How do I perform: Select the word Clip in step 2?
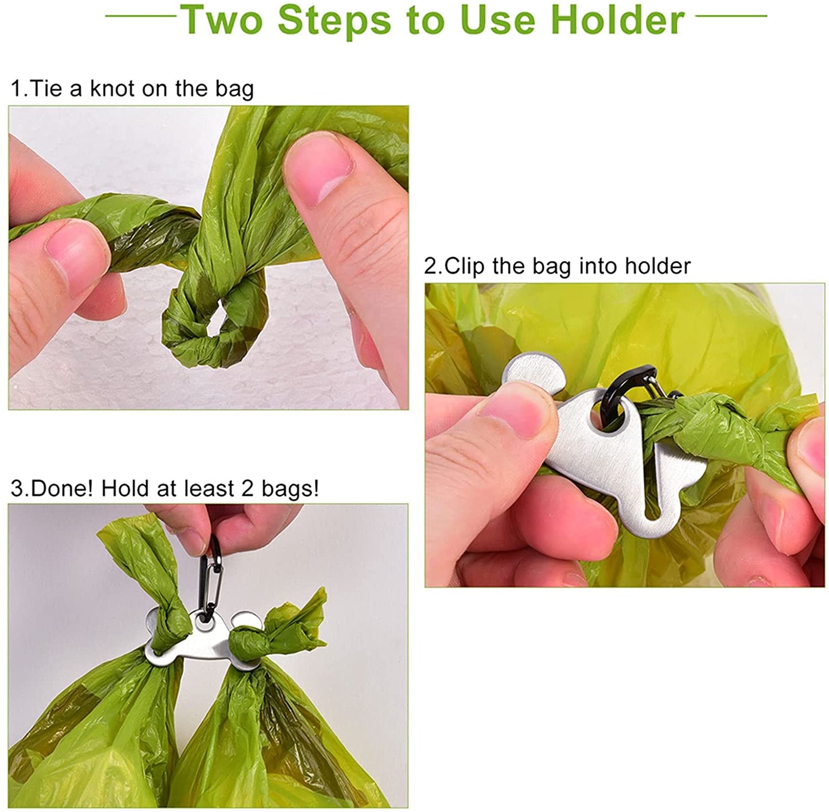pyautogui.click(x=464, y=266)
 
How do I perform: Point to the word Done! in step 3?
pyautogui.click(x=61, y=488)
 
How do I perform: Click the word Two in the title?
pyautogui.click(x=223, y=20)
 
